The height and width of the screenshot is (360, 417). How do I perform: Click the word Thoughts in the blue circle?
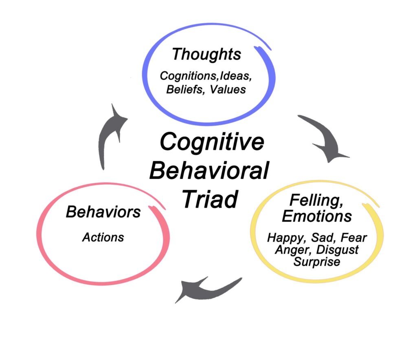tap(206, 54)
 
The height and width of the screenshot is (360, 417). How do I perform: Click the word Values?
tap(228, 89)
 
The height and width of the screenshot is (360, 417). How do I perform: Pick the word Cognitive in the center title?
tap(211, 143)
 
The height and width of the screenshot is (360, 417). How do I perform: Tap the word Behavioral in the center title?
tap(208, 170)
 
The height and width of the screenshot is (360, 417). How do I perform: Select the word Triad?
tap(209, 199)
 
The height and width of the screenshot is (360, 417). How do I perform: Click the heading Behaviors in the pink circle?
tap(103, 212)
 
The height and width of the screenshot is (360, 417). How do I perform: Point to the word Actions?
tap(103, 237)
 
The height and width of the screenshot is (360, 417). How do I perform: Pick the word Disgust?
tap(336, 250)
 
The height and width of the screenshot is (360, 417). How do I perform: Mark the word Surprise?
tap(316, 261)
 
